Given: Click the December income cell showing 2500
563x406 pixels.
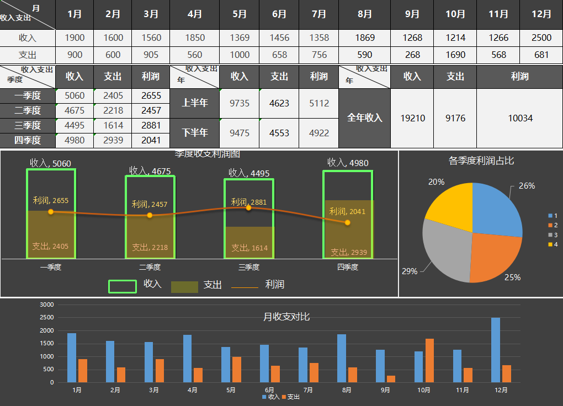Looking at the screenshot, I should (x=541, y=38).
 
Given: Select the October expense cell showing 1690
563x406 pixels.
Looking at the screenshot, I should (x=455, y=55).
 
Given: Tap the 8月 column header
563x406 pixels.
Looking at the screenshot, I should (x=364, y=14).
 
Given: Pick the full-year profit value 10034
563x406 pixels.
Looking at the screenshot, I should (x=519, y=118).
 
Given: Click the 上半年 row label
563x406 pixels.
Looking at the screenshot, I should (x=194, y=103).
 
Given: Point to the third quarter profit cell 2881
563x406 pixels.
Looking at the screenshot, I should (x=151, y=125).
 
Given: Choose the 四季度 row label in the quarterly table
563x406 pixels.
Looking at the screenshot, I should (x=28, y=140).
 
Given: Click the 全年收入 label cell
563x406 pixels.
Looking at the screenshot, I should (x=364, y=117).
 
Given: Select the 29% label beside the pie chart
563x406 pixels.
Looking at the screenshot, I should (x=410, y=271).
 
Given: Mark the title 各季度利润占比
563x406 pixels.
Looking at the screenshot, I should (x=481, y=161).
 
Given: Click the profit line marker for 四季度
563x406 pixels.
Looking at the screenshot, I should (x=347, y=222).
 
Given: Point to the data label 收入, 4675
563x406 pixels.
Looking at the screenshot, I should (x=150, y=171).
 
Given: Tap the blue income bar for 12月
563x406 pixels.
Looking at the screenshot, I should (x=496, y=350).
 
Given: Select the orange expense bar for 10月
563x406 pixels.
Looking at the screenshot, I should (x=429, y=360).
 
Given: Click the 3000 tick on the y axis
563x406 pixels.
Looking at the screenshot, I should (x=47, y=304).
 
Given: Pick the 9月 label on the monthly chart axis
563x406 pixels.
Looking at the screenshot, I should (x=385, y=390).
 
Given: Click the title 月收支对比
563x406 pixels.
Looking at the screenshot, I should (x=286, y=317).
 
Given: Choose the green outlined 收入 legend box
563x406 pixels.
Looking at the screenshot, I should (x=123, y=286).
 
